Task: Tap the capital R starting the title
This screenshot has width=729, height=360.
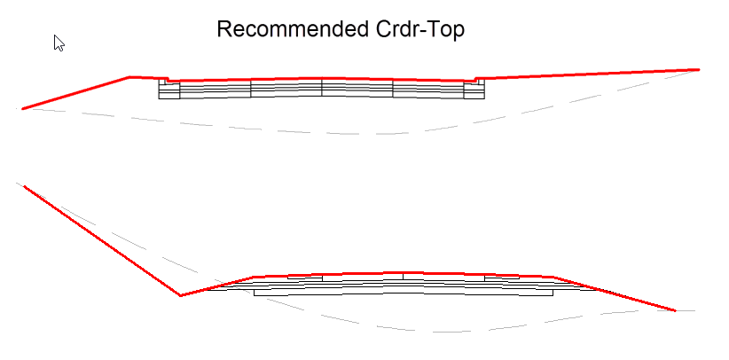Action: click(224, 29)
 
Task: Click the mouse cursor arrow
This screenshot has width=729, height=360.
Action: click(59, 42)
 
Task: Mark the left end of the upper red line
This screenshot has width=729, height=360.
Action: click(23, 108)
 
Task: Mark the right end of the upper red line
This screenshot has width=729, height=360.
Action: click(699, 69)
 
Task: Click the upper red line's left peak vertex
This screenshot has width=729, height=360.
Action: click(130, 77)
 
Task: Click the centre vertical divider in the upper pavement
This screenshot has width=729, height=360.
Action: click(322, 87)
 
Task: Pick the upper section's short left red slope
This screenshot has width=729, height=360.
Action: click(76, 93)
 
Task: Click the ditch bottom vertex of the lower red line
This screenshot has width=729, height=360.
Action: click(181, 295)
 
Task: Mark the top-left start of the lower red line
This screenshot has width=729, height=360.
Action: click(24, 186)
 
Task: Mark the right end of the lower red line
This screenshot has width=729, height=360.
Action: click(676, 310)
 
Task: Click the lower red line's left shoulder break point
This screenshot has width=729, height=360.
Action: click(255, 278)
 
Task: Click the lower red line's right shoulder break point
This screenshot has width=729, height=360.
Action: click(553, 278)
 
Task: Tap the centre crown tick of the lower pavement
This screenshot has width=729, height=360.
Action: click(404, 276)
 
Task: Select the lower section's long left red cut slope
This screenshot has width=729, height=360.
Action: click(102, 240)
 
